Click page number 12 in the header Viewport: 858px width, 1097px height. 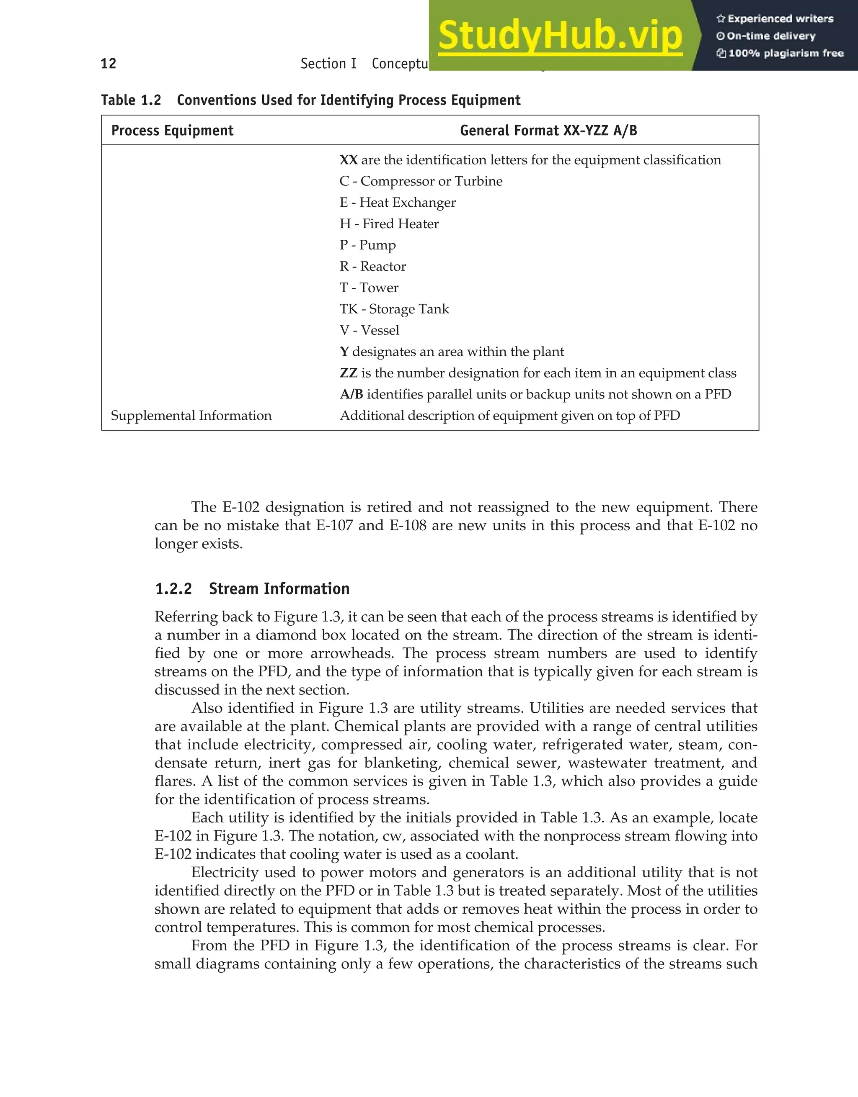109,63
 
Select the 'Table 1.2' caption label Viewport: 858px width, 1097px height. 131,100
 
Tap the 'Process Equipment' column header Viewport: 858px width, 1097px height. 173,131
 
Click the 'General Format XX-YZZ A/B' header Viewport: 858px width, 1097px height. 548,131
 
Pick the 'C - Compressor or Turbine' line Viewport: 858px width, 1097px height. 421,181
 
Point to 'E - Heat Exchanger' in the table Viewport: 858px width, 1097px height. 398,203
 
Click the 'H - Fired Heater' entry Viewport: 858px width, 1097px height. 389,224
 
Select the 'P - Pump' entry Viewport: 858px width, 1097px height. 367,245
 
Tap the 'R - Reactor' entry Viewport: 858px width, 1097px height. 372,267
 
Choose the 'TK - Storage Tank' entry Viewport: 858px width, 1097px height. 394,309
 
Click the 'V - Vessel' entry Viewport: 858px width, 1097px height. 370,331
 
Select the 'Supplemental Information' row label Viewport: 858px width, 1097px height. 191,416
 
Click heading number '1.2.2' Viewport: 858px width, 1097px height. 173,589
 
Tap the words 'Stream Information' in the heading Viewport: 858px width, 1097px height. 279,589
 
